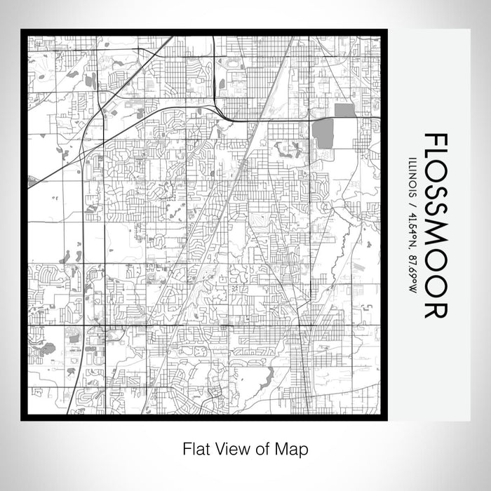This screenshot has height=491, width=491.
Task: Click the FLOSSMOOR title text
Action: coord(434,224)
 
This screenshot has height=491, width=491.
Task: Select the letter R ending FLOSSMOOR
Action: coord(434,308)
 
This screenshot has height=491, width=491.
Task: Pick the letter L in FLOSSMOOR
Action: coord(434,159)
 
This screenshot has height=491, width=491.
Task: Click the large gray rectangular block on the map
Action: coord(323,133)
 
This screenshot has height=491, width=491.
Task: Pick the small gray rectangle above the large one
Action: coord(344,110)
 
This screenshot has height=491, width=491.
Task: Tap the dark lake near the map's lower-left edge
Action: coord(47,347)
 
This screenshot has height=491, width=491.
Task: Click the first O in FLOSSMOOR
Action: coord(434,179)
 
